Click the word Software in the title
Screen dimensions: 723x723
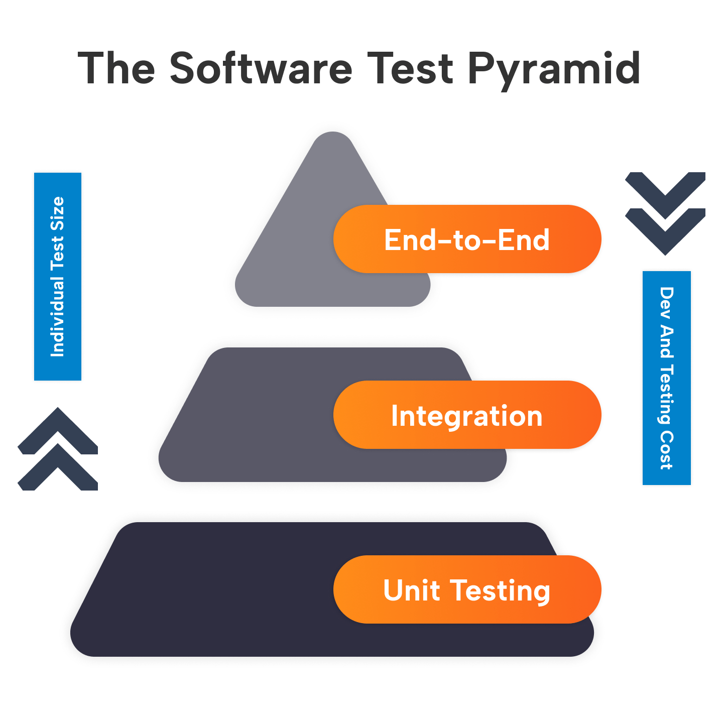pos(261,69)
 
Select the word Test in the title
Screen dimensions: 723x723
pos(410,69)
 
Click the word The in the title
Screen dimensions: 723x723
pos(116,69)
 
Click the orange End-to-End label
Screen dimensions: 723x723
pos(467,239)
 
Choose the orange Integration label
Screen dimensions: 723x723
pos(467,415)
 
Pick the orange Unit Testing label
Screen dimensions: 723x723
pos(467,590)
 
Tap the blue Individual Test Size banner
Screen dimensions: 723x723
pos(58,277)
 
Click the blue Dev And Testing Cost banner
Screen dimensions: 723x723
pos(666,378)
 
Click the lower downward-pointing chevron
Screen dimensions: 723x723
pos(665,228)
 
